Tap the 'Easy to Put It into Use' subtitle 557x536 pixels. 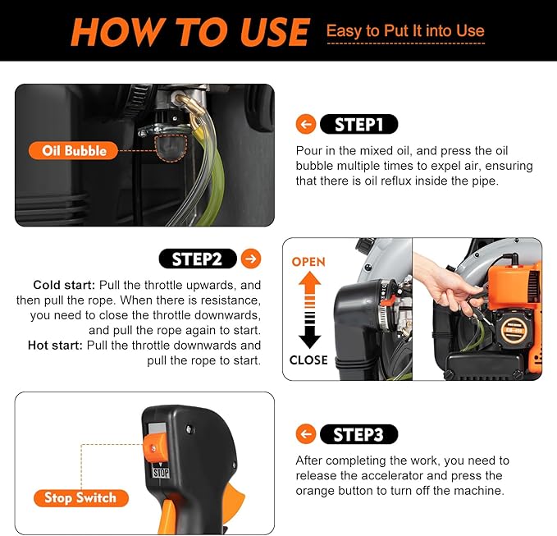[x=405, y=31]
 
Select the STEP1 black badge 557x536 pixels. [x=359, y=125]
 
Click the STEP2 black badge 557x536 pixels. [x=197, y=259]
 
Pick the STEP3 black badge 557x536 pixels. [x=359, y=434]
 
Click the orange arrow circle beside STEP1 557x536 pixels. [x=306, y=125]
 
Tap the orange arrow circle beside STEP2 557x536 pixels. [x=251, y=259]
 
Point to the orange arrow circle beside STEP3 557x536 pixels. [x=306, y=434]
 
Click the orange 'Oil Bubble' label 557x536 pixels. [x=75, y=150]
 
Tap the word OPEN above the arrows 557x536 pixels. [x=308, y=262]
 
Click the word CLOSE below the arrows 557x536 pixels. [x=308, y=360]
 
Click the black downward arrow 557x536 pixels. [x=308, y=332]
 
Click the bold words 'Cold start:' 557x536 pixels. [x=64, y=285]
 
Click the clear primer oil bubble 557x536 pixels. [x=171, y=148]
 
